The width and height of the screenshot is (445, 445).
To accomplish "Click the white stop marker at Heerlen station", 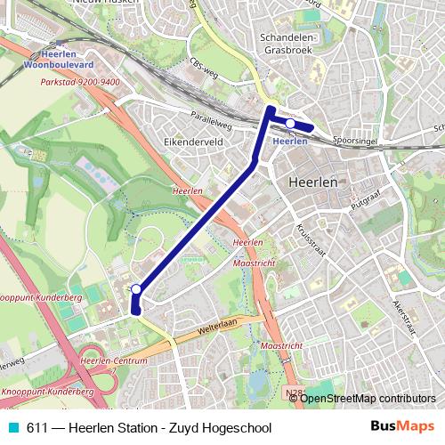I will [290, 124].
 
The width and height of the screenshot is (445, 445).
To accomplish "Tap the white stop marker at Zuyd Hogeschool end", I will [136, 289].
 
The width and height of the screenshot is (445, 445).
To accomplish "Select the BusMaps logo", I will [403, 426].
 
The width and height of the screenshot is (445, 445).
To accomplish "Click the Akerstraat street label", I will [404, 317].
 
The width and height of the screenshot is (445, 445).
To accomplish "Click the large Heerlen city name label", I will [313, 182].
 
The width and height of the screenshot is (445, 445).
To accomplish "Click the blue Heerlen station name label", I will [290, 141].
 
